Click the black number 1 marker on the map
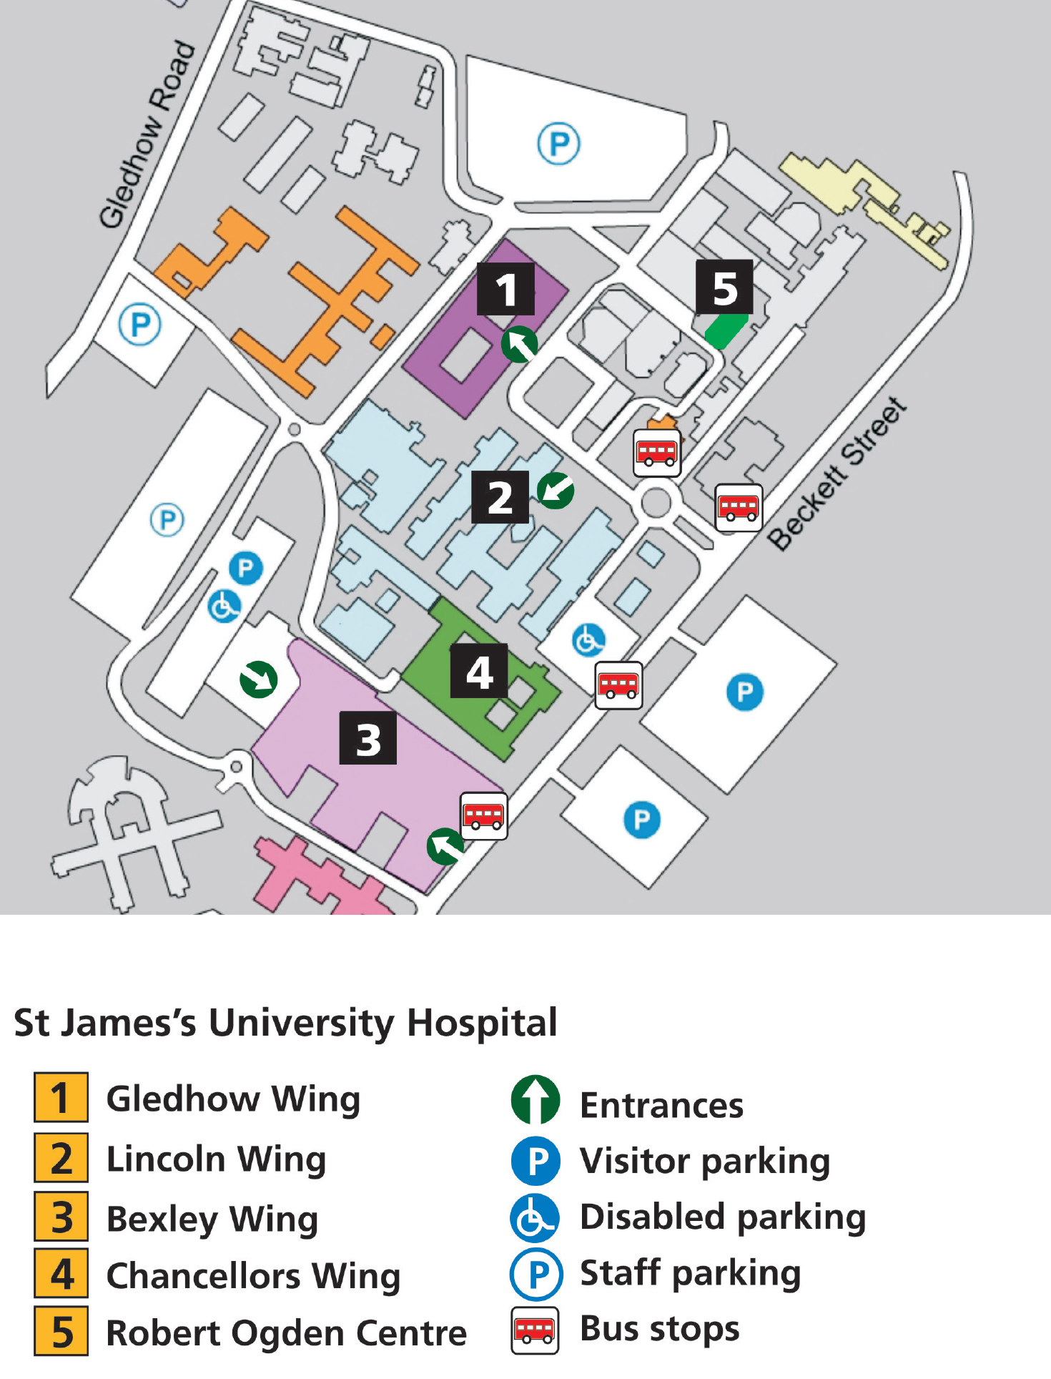coord(505,289)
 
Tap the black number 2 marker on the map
coord(500,497)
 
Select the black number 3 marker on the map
coord(367,738)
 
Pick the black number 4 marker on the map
coord(479,671)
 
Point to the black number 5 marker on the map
coord(724,287)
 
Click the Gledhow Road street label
coord(147,134)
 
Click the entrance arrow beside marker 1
coord(520,345)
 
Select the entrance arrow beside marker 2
coord(556,491)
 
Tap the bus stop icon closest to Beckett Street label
coord(739,508)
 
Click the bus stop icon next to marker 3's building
coord(484,815)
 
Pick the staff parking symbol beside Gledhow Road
coord(139,325)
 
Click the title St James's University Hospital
coord(285,1023)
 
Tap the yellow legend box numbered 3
coord(61,1217)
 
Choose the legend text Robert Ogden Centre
coord(286,1333)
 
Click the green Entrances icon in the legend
coord(536,1100)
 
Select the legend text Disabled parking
coord(722,1217)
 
